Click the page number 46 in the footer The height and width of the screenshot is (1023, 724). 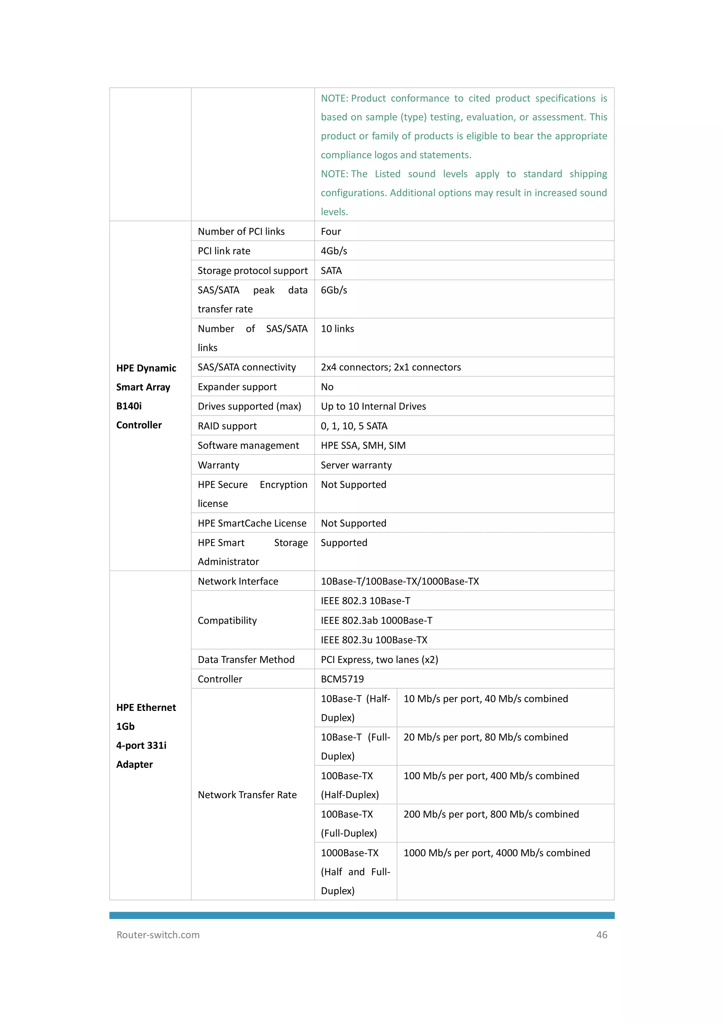(x=601, y=935)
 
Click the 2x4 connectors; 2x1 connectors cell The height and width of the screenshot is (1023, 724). (x=391, y=367)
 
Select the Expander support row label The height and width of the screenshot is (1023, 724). (x=237, y=387)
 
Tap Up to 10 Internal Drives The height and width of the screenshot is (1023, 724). (x=373, y=406)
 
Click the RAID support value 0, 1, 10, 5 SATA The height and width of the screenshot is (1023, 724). (x=354, y=426)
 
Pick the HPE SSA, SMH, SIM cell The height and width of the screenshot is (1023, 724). (x=363, y=446)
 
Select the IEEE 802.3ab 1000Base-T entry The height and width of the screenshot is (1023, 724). (x=376, y=620)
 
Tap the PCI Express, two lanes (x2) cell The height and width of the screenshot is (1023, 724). (x=379, y=659)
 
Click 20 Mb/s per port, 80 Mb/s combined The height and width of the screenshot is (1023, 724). (x=485, y=737)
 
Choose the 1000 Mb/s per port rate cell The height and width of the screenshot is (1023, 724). (x=497, y=853)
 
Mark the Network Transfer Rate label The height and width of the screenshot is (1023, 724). (x=247, y=795)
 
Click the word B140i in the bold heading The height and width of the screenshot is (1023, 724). (x=129, y=406)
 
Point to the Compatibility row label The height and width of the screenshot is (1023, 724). (x=227, y=620)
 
